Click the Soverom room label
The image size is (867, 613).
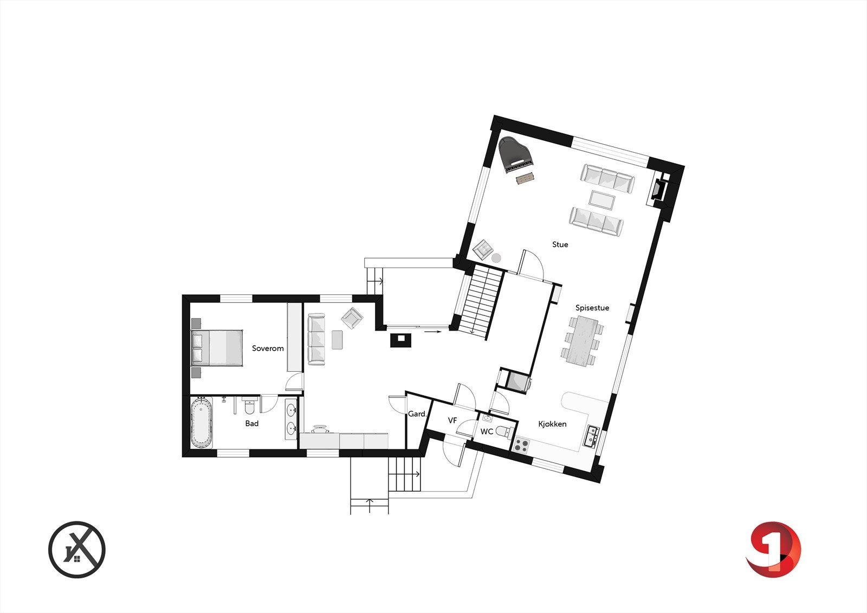click(268, 348)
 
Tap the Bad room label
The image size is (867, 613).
click(251, 423)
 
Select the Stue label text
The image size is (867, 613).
click(560, 244)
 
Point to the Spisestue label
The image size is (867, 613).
click(592, 308)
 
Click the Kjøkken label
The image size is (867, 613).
click(552, 424)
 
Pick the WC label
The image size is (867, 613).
click(487, 432)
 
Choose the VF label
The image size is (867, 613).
click(452, 421)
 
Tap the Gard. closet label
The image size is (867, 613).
click(417, 414)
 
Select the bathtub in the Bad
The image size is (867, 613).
click(201, 423)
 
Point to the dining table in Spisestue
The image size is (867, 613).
click(583, 341)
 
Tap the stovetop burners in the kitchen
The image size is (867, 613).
click(521, 445)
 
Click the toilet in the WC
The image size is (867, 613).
click(503, 431)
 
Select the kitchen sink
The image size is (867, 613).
click(591, 436)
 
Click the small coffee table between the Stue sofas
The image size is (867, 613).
click(602, 199)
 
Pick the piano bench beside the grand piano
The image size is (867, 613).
click(525, 178)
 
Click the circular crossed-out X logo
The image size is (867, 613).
click(77, 550)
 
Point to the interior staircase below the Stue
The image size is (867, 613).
click(482, 301)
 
